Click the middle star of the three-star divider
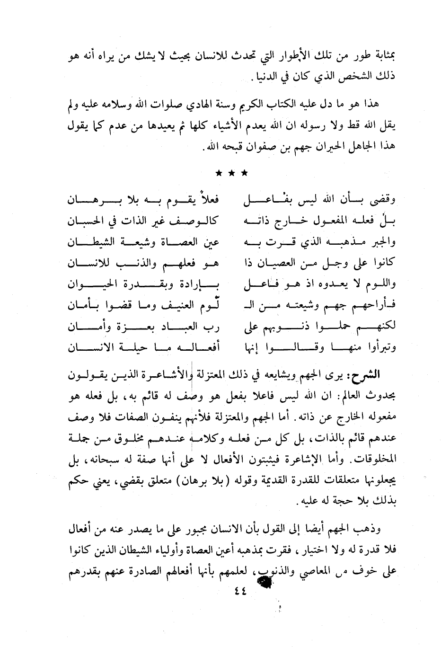coord(231,174)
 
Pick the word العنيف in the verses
coord(172,306)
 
